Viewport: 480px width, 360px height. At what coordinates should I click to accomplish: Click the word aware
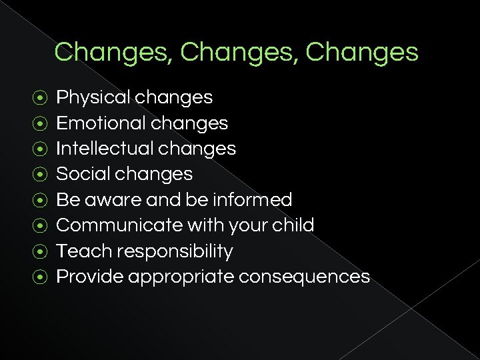click(x=109, y=200)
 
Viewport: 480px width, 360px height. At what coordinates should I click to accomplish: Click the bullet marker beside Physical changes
click(x=40, y=98)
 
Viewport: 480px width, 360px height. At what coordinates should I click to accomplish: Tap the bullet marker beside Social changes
click(x=40, y=175)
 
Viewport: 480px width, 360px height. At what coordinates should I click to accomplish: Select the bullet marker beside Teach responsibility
click(x=40, y=251)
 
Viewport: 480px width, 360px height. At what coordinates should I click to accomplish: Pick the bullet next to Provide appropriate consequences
click(x=40, y=277)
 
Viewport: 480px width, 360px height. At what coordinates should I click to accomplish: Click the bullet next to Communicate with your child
click(x=40, y=225)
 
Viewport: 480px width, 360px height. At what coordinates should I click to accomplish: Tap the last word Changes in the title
click(x=362, y=53)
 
